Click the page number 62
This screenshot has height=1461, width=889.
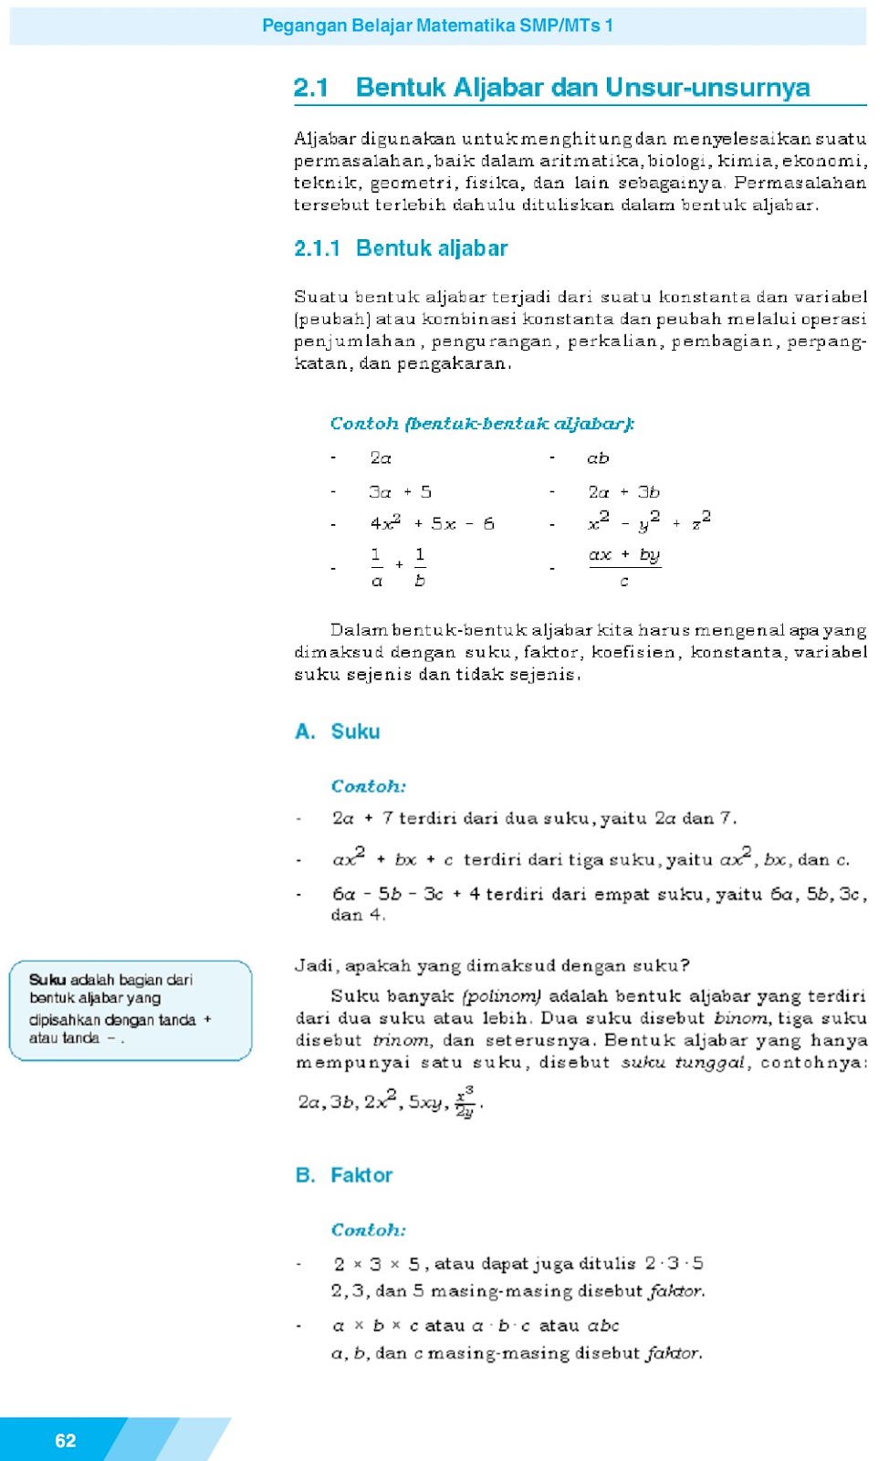click(66, 1440)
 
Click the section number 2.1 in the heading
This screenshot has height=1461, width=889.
click(310, 88)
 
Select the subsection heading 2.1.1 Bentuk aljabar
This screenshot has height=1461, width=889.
click(401, 248)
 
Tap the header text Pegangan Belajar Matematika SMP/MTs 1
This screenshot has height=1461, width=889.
click(437, 26)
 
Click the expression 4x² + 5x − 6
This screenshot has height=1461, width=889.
click(432, 523)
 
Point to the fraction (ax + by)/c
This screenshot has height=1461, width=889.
click(624, 566)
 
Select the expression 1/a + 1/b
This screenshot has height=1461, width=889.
click(398, 566)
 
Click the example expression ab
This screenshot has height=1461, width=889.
click(598, 458)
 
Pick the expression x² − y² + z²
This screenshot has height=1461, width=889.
click(649, 522)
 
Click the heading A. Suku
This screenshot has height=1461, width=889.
click(337, 731)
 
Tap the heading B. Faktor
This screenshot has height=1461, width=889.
click(343, 1175)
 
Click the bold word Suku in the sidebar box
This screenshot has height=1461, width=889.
click(47, 980)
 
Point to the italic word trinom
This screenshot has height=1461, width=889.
click(401, 1040)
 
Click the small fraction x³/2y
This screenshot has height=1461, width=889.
click(465, 1101)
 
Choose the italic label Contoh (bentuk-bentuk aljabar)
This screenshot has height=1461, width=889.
click(482, 424)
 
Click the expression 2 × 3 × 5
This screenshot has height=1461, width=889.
click(376, 1265)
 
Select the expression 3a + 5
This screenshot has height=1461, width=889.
click(400, 492)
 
